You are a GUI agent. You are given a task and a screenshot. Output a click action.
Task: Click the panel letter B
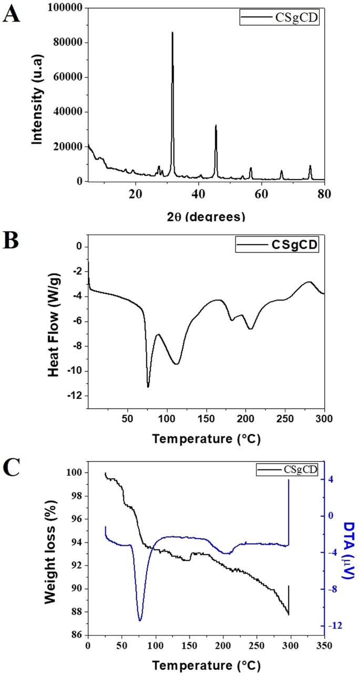(12, 244)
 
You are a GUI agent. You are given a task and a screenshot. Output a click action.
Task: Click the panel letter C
(12, 462)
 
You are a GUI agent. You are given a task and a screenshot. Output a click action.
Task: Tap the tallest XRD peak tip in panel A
(172, 33)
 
